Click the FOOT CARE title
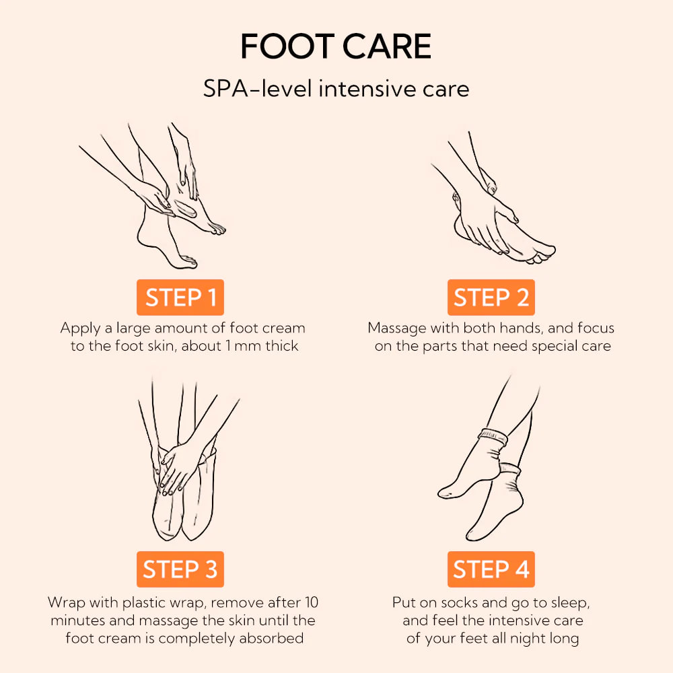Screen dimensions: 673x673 (336, 47)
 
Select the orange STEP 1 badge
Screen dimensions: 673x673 (180, 297)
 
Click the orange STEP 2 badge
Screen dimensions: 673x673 (491, 297)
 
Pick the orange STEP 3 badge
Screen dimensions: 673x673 (180, 569)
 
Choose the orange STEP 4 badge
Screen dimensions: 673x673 (491, 569)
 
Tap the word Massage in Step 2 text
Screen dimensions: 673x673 (397, 328)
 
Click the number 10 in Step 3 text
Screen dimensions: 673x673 (311, 602)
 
